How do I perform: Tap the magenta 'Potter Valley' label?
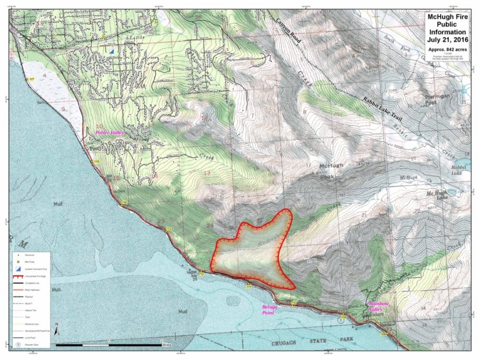coord(110,133)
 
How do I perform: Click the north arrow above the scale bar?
coord(57,329)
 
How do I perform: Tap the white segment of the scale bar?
coord(136,345)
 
